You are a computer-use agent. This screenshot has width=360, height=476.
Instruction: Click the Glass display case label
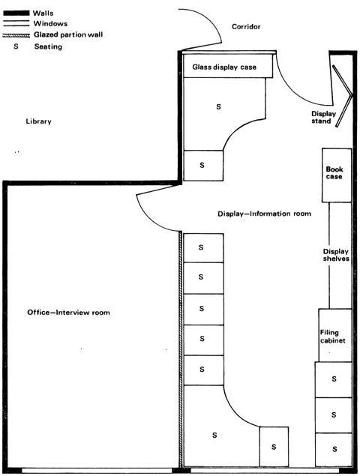[x=224, y=67]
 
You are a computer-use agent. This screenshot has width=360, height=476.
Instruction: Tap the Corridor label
[x=246, y=27]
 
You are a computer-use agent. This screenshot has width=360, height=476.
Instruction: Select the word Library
[x=38, y=121]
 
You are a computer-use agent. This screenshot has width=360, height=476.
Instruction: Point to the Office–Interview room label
[x=69, y=313]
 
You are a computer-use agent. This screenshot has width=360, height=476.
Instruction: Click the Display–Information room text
[x=264, y=214]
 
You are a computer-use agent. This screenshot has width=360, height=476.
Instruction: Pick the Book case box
[x=337, y=175]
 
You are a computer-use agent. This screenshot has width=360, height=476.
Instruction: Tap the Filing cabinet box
[x=335, y=335]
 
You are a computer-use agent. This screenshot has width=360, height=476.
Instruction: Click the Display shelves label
[x=336, y=255]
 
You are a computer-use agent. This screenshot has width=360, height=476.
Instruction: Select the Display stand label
[x=323, y=118]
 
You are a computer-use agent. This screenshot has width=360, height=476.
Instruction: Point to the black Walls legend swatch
[x=16, y=13]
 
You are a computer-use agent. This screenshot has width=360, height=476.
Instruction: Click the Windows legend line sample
[x=16, y=23]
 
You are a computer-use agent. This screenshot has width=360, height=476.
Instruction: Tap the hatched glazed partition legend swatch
[x=16, y=35]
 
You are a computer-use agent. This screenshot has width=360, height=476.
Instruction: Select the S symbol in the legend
[x=16, y=46]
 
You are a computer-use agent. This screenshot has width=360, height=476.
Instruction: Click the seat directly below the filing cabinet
[x=333, y=379]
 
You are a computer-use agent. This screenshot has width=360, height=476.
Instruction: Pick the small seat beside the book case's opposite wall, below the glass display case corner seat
[x=203, y=166]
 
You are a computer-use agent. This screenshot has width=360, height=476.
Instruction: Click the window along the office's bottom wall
[x=97, y=471]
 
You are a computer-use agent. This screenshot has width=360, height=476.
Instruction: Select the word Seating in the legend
[x=48, y=46]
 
